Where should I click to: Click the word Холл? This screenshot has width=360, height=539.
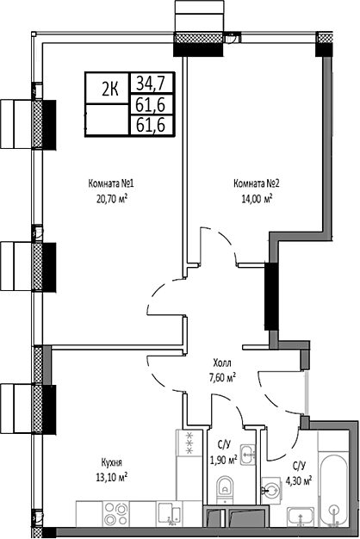222,364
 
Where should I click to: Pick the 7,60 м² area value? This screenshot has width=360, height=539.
222,376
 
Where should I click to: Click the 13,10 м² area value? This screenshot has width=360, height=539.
113,476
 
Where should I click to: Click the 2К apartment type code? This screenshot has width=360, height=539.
110,87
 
